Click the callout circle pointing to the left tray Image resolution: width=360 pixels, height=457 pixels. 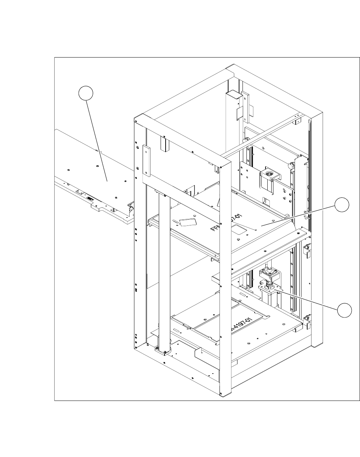[86, 93]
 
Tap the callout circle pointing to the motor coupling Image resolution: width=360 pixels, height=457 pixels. [344, 310]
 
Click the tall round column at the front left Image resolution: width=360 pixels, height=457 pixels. [163, 270]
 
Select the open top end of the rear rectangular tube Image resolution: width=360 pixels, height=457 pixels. [233, 94]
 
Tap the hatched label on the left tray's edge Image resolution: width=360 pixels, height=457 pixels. [89, 198]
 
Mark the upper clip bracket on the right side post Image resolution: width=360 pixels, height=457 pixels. [307, 250]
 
